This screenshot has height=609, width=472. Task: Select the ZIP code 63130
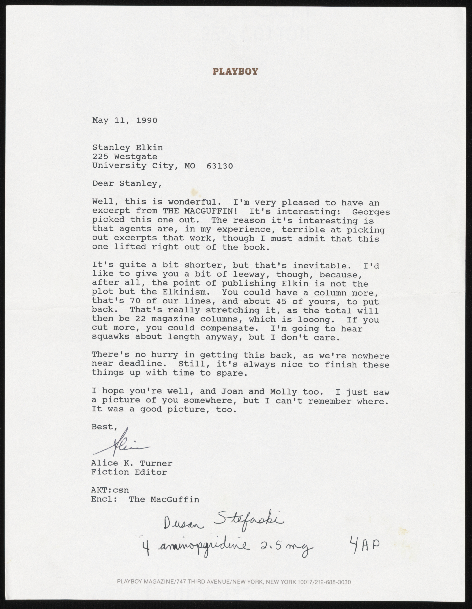[219, 166]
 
